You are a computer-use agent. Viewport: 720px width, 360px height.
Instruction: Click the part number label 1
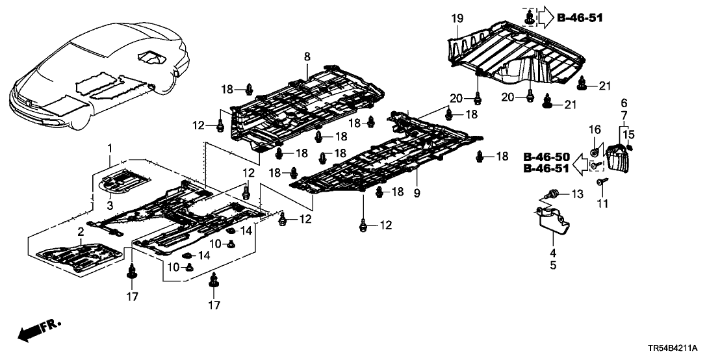[x=110, y=148]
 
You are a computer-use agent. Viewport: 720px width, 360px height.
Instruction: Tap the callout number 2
[x=81, y=232]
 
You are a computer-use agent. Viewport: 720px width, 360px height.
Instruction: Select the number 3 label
[x=110, y=205]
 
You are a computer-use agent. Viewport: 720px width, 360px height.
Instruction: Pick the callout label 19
[x=624, y=103]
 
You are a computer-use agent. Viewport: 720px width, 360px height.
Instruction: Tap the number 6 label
[x=624, y=103]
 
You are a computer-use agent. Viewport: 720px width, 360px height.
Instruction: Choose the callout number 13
[x=578, y=194]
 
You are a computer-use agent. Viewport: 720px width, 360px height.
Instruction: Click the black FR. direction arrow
[x=29, y=333]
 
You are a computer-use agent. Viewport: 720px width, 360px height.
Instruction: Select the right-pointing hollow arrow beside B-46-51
[x=545, y=18]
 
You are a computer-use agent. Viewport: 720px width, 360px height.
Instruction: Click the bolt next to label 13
[x=554, y=193]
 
